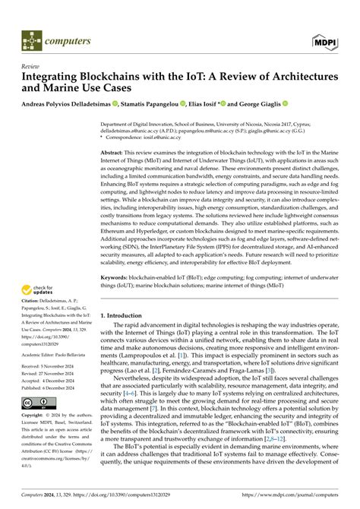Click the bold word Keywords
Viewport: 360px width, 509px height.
[x=118, y=299]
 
